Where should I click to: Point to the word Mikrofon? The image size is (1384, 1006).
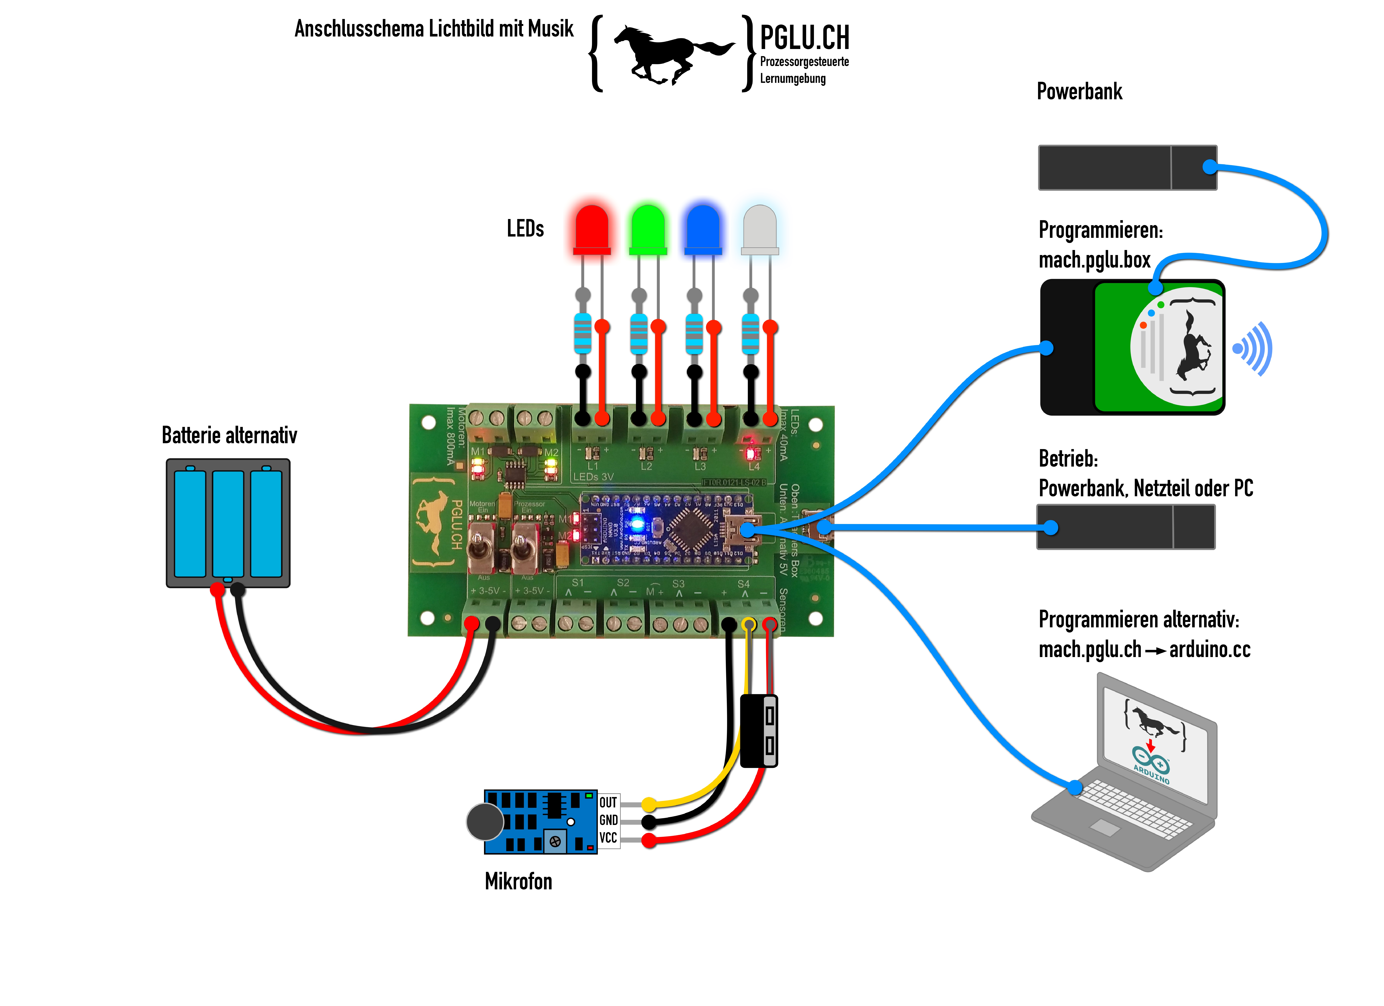click(x=518, y=881)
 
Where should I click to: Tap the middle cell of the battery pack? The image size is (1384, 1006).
click(x=228, y=524)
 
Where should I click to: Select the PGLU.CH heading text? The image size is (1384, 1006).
click(x=804, y=38)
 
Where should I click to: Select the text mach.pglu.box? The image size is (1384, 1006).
click(x=1094, y=260)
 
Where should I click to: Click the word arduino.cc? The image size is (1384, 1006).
click(x=1209, y=650)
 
